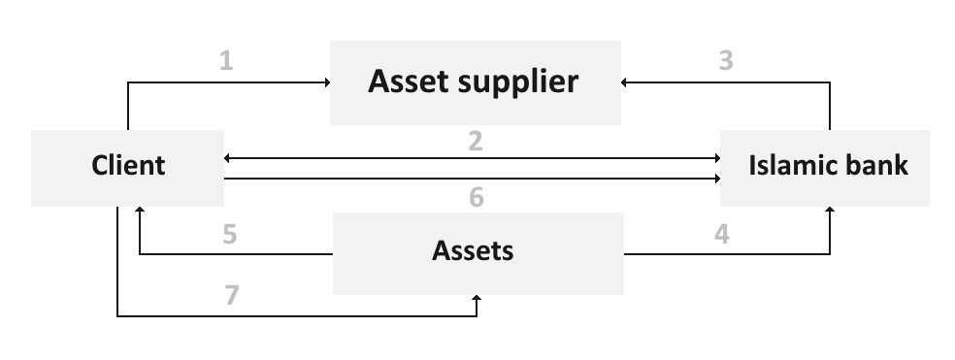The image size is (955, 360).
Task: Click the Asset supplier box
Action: coord(475,82)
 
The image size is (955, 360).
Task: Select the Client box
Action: coord(127,167)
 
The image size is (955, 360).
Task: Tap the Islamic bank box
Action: coord(824,167)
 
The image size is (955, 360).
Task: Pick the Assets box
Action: coord(477,252)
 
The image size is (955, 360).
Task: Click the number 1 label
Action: coord(226,62)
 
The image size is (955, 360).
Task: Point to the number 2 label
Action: coord(475,141)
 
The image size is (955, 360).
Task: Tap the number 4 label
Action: coord(722,235)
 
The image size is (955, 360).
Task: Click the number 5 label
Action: coord(229,235)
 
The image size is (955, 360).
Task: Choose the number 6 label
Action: coord(476,198)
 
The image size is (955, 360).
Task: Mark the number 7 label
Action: coord(231,295)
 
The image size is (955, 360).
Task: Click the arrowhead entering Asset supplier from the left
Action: coord(325,83)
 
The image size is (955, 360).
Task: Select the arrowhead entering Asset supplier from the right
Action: coord(626,83)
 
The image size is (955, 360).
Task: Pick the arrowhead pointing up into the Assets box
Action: coord(477,300)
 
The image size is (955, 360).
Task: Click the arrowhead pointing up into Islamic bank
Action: coord(831,211)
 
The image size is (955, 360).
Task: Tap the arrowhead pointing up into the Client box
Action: coord(140,211)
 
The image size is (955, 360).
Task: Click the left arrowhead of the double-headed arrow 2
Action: coord(229,157)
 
